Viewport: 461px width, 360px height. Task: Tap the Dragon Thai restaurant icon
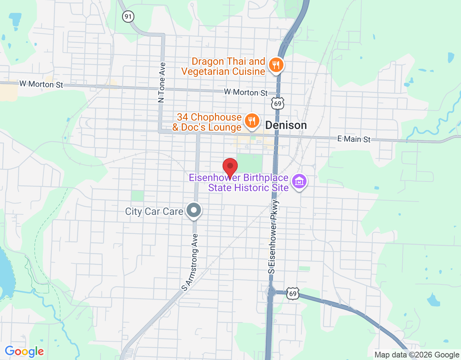(276, 65)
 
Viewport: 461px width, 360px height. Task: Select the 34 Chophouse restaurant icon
(252, 121)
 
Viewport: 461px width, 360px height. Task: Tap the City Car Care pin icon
(194, 210)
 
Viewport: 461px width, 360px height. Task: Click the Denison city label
(286, 125)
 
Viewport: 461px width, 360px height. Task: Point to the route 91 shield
(128, 16)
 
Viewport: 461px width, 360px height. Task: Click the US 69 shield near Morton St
(278, 104)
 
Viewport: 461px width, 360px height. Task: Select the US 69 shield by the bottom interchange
(293, 294)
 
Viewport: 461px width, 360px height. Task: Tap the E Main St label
(354, 139)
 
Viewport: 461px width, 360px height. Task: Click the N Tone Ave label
(162, 83)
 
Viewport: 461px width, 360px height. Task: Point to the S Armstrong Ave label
(190, 262)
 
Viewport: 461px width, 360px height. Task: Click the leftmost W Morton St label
(41, 84)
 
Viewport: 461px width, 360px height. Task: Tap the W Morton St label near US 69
(246, 92)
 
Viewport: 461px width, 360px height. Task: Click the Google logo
(24, 351)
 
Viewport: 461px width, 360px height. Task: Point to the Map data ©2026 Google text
(417, 355)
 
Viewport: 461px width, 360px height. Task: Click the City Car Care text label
(154, 211)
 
